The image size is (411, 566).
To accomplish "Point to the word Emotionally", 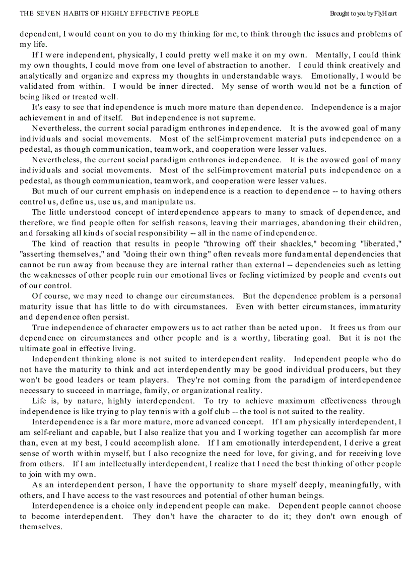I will coord(333,76).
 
